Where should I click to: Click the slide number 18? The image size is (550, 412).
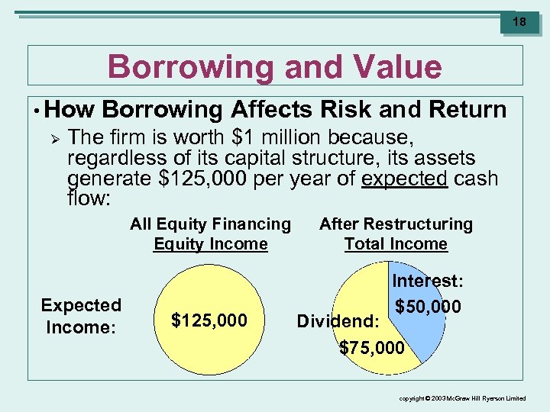519,22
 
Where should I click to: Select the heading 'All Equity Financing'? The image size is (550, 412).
210,224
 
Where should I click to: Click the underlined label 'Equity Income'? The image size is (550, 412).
210,244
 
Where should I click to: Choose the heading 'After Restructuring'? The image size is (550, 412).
396,224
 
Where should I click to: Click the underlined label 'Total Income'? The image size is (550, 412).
396,244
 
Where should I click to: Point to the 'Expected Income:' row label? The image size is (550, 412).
81,316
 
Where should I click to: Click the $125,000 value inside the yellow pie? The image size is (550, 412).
209,320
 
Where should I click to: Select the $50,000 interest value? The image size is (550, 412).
428,307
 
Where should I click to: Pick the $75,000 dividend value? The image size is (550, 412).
372,348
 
